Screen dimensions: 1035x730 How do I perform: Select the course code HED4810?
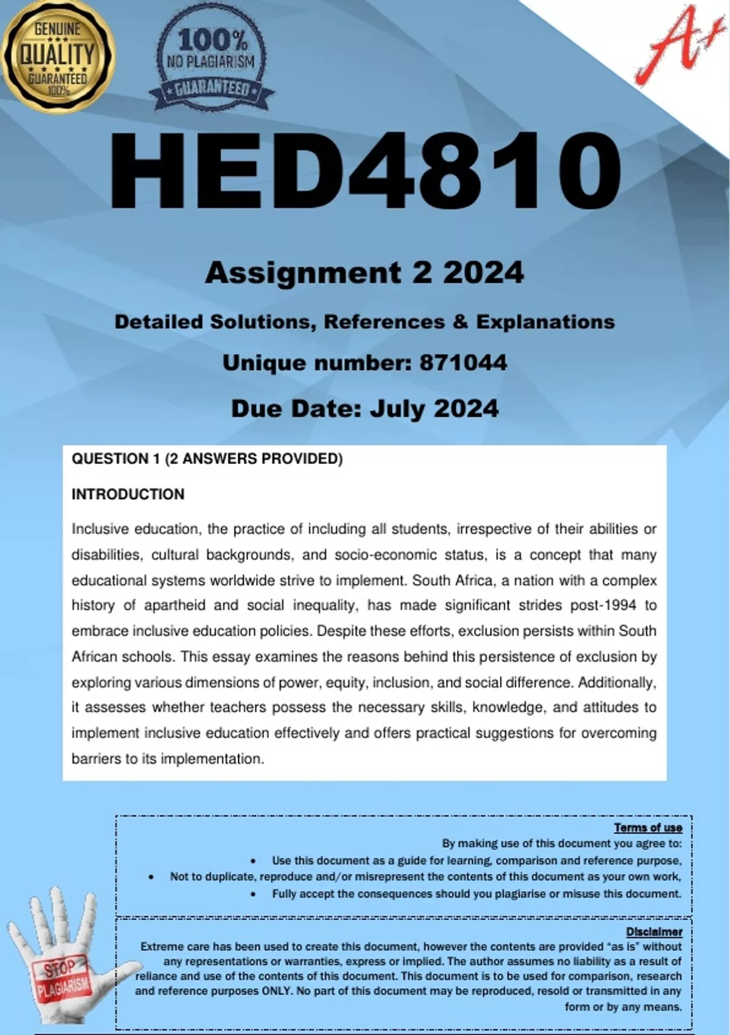(x=365, y=174)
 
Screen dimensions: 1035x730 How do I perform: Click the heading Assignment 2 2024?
(x=364, y=272)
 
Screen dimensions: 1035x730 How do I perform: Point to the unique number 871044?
(x=463, y=363)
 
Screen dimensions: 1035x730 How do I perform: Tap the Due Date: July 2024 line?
(x=364, y=408)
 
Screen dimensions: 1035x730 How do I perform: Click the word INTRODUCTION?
(x=128, y=494)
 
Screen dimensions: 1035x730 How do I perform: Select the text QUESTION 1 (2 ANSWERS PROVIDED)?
(x=207, y=459)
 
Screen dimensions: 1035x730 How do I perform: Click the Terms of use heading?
(x=648, y=827)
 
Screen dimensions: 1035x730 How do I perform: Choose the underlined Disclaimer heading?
(x=654, y=931)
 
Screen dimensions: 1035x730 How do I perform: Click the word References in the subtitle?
(x=384, y=322)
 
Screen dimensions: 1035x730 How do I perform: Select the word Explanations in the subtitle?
(x=545, y=322)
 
